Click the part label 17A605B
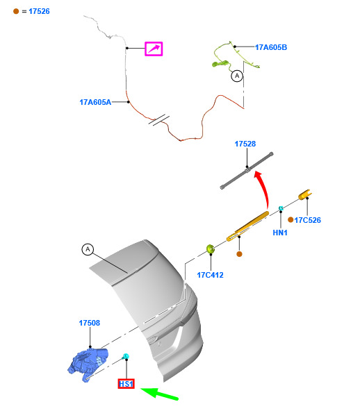pos(271,47)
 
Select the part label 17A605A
pos(95,102)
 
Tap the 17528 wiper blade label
pos(245,144)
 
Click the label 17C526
pos(307,220)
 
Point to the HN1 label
pos(280,233)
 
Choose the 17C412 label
pos(210,275)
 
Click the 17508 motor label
pos(89,323)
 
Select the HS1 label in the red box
pos(126,384)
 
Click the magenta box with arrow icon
pos(154,49)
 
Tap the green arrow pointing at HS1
pos(159,394)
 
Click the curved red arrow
pos(265,187)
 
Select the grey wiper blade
pos(247,171)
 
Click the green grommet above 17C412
pos(211,249)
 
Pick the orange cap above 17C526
pos(305,195)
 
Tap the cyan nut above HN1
pos(281,208)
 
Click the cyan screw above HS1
pos(126,356)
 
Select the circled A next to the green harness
pos(237,76)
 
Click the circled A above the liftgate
pos(88,249)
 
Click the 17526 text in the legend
pos(39,11)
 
